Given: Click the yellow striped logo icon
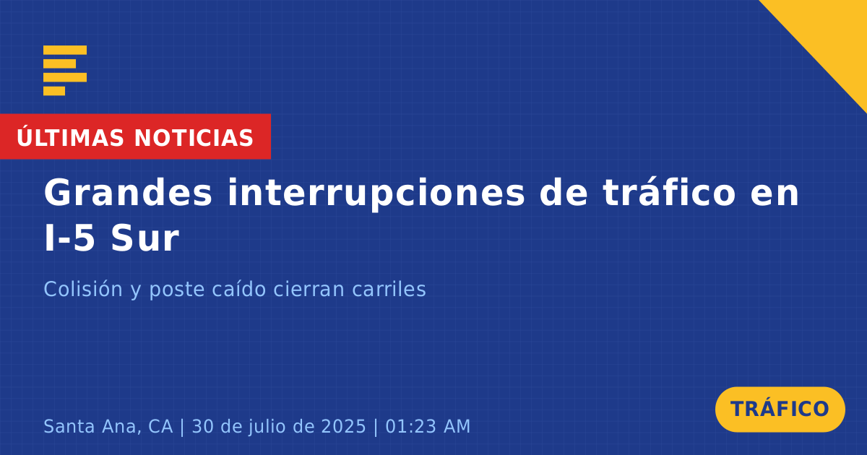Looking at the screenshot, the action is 65,71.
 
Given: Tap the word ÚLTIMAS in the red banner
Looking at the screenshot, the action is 70,136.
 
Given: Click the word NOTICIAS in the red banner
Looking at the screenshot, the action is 194,138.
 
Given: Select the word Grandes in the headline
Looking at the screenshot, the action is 128,192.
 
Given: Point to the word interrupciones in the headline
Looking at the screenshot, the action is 376,194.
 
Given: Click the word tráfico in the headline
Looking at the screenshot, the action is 669,192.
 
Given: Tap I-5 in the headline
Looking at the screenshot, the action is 69,238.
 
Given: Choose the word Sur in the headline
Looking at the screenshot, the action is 144,238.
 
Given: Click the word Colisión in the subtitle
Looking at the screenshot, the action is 83,289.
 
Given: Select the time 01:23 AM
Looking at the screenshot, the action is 428,426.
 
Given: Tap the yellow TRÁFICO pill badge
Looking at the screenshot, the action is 780,409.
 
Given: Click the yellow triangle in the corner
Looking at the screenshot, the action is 832,35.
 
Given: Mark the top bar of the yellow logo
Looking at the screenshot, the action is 65,50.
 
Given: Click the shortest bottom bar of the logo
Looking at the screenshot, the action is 54,91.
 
